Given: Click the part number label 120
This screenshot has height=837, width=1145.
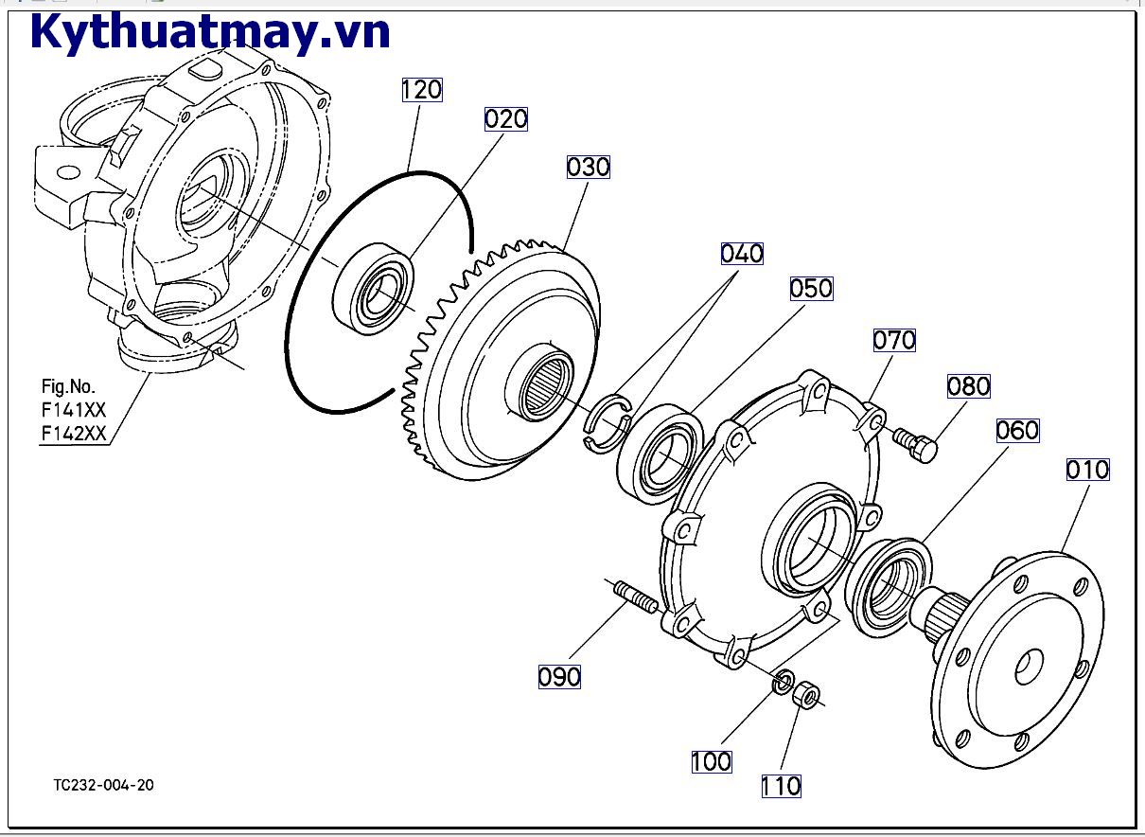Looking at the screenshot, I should (422, 90).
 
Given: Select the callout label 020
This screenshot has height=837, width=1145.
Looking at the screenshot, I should (506, 119).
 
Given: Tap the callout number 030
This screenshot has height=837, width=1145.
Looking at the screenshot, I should (589, 168).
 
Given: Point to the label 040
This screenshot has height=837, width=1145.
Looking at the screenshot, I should (742, 254).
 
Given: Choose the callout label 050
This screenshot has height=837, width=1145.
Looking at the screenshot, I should (811, 289).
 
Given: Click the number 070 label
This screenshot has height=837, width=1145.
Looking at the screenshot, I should (894, 340).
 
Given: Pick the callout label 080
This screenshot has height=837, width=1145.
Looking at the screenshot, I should (969, 386).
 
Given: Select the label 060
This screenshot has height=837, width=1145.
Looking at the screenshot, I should (1017, 431).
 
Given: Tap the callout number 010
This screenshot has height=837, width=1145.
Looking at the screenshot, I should (1087, 470).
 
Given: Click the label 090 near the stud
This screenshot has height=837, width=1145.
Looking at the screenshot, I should (559, 677).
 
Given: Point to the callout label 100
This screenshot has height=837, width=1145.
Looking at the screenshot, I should (711, 761).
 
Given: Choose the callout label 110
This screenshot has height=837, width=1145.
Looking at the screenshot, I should (781, 786).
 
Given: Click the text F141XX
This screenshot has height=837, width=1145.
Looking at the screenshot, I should (73, 411).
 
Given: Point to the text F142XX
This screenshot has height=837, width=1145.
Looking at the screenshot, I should (73, 434).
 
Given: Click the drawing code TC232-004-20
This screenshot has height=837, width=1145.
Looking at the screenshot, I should (104, 785).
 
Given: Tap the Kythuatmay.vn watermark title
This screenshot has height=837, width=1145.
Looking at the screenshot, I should (210, 33).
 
